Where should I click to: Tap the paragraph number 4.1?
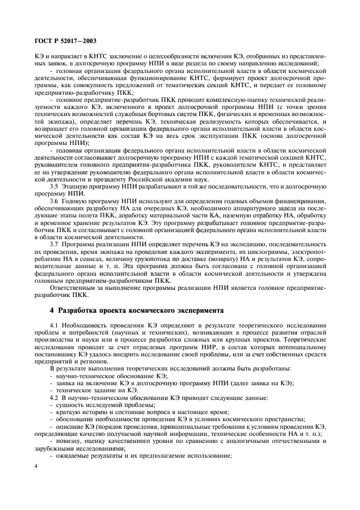54,325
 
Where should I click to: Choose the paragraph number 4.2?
54,397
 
